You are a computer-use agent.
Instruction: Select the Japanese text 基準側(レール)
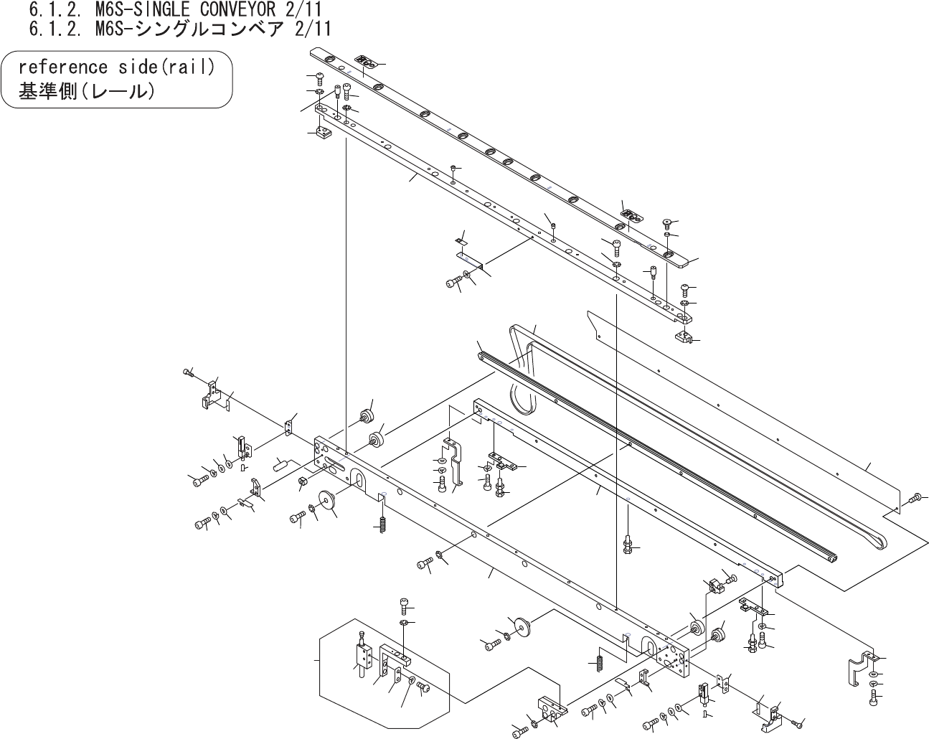86,92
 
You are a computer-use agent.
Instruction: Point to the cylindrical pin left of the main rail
280,463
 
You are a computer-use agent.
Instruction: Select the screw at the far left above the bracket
188,372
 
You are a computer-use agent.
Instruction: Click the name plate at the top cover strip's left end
367,62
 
